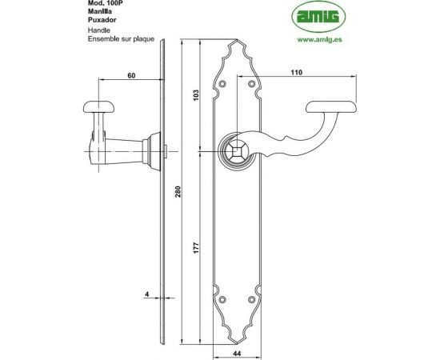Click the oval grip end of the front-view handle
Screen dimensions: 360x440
(x=334, y=105)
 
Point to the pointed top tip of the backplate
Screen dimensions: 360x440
(x=238, y=38)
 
